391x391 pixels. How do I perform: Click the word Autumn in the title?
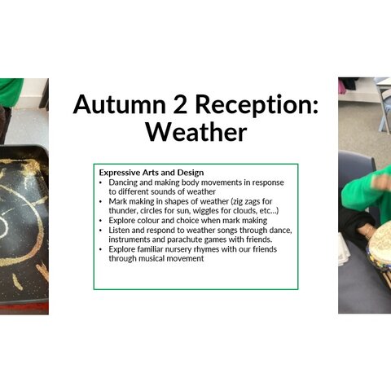[120, 104]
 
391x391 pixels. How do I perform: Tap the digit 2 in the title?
[180, 104]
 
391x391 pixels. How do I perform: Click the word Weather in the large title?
[196, 132]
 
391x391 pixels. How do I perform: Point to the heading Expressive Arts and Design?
[152, 173]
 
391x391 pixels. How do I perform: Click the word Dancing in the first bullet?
[123, 182]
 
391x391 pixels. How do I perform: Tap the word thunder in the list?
[123, 211]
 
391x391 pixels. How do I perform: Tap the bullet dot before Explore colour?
[101, 221]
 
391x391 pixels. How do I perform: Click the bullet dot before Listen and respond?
[101, 231]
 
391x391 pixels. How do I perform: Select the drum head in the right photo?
[380, 239]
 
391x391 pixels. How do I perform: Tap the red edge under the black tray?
[24, 308]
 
